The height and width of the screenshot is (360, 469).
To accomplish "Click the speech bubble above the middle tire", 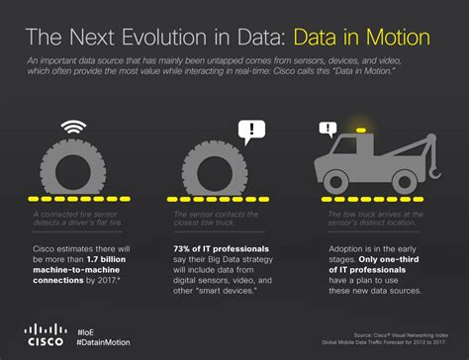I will click(253, 130).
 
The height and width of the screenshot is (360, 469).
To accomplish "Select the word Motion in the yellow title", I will click(387, 39).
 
